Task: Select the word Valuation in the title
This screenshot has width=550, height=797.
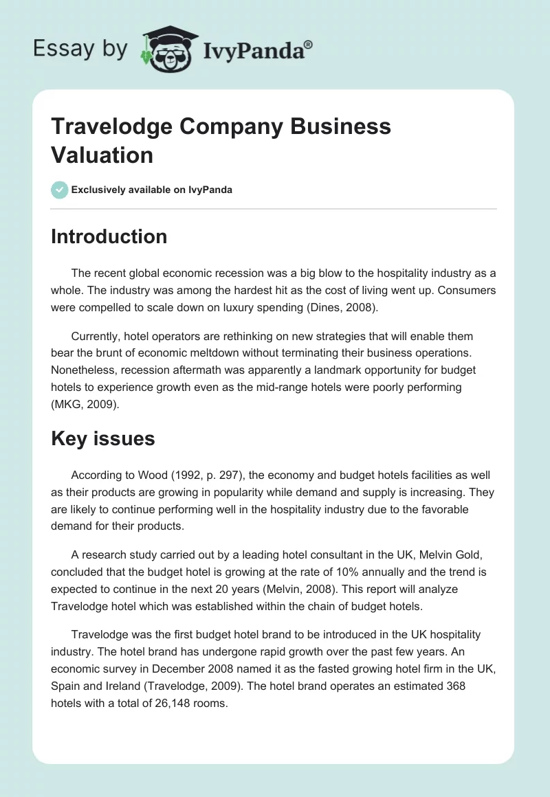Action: pyautogui.click(x=102, y=155)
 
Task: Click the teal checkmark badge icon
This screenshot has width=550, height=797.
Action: pyautogui.click(x=60, y=190)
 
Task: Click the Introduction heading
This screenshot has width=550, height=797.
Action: pyautogui.click(x=109, y=236)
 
